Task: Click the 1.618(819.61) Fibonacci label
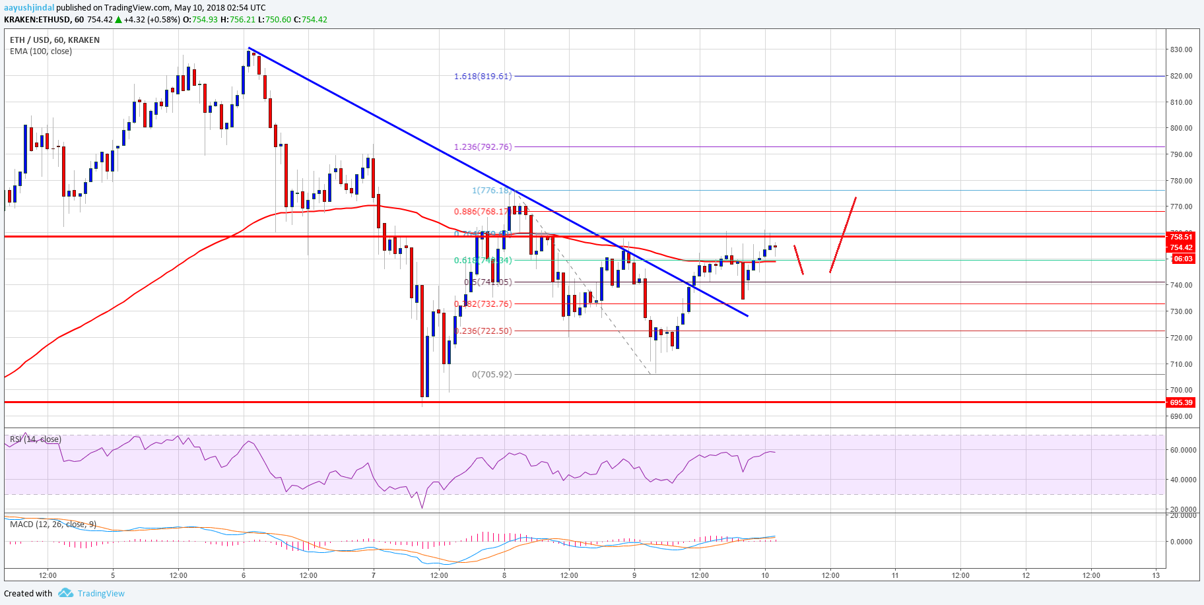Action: click(x=483, y=77)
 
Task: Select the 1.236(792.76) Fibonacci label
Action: click(x=483, y=147)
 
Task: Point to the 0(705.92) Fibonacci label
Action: click(x=492, y=375)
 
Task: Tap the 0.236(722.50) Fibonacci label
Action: click(x=484, y=331)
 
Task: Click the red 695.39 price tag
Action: click(x=1181, y=402)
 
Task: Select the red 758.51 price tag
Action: click(x=1181, y=237)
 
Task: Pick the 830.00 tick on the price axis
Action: click(x=1181, y=50)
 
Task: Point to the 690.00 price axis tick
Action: click(x=1181, y=416)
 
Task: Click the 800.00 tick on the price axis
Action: click(x=1181, y=129)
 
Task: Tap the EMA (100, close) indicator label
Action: click(x=41, y=51)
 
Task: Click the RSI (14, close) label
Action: click(x=36, y=439)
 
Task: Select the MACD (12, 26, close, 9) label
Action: click(x=53, y=525)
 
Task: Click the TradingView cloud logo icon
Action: click(x=65, y=593)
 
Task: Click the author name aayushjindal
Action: click(x=29, y=8)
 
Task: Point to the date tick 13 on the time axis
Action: click(x=1156, y=575)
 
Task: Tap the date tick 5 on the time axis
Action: click(x=113, y=575)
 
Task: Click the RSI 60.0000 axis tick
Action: click(x=1183, y=450)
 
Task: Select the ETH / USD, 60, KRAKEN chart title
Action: click(x=55, y=40)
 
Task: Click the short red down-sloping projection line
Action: click(x=799, y=260)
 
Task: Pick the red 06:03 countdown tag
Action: click(x=1182, y=259)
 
